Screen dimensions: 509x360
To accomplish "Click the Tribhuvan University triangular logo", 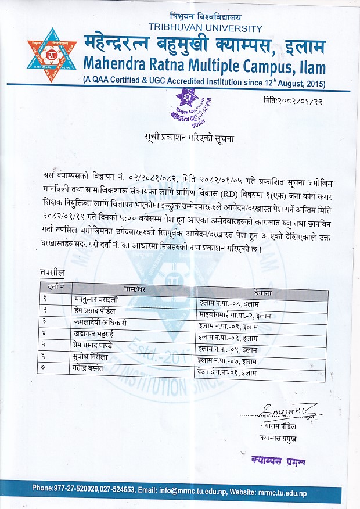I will (x=52, y=55).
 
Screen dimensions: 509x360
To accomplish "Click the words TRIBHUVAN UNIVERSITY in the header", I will (x=206, y=27).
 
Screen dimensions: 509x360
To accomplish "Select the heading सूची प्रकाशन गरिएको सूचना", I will (x=191, y=138).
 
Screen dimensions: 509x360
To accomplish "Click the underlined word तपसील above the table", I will (x=53, y=272).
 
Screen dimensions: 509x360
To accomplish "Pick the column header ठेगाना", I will (x=262, y=287).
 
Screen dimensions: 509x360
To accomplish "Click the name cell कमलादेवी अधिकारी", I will (x=101, y=322).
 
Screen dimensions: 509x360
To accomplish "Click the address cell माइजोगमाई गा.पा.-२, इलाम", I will (x=235, y=311).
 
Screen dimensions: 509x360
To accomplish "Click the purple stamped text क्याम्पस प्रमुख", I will (x=278, y=460).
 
